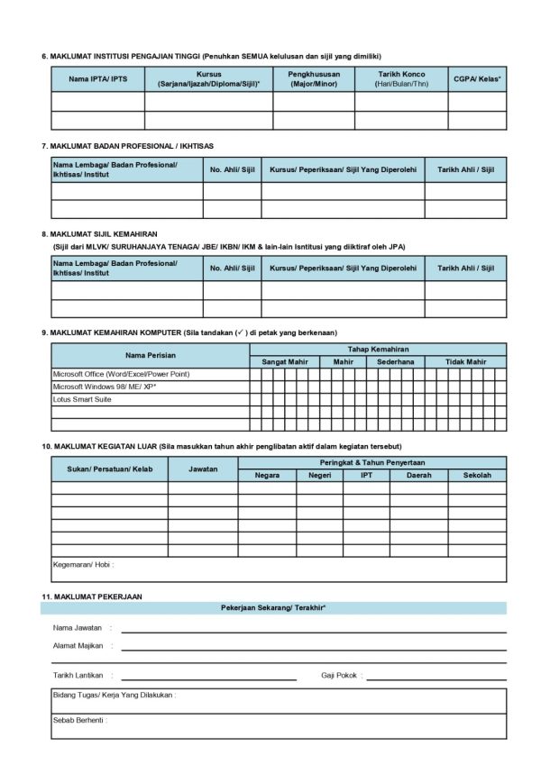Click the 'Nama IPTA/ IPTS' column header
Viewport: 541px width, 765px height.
point(97,79)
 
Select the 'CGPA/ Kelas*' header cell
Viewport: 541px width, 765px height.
point(477,79)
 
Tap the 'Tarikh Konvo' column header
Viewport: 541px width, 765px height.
point(400,79)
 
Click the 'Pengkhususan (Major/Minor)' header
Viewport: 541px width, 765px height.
point(313,79)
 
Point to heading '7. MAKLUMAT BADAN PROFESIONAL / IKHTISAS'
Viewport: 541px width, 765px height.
point(128,145)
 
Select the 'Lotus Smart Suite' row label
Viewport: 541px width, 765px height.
point(82,399)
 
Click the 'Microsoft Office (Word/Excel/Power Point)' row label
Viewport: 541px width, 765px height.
point(121,374)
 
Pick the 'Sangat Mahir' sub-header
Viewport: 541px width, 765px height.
point(285,361)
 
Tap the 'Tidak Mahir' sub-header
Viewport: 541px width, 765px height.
point(466,361)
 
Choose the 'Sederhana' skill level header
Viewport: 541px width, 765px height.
point(395,361)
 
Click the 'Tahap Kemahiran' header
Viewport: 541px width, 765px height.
point(378,349)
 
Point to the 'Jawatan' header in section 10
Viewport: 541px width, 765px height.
point(203,469)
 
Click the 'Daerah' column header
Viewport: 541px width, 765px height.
point(418,475)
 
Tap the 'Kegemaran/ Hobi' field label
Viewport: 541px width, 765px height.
point(82,565)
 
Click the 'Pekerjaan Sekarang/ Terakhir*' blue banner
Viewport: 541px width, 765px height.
point(272,608)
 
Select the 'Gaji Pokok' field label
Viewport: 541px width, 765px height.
point(339,675)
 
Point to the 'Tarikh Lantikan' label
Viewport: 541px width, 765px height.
point(78,675)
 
